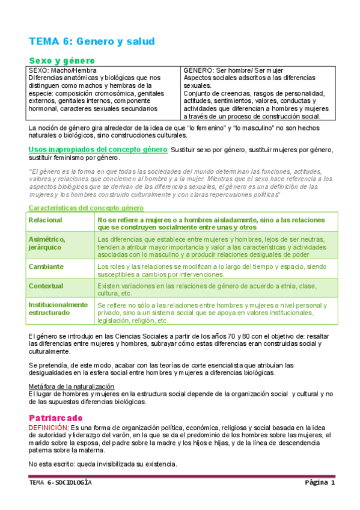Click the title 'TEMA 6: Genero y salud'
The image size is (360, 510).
(x=92, y=41)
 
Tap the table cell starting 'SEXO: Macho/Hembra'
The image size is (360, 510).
(x=103, y=90)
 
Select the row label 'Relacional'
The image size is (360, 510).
(x=46, y=220)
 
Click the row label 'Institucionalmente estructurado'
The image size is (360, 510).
(x=58, y=309)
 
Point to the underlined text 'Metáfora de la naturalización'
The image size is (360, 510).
(x=71, y=386)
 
